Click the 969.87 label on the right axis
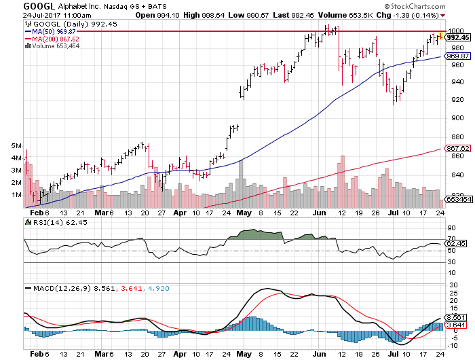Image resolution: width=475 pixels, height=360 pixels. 453,56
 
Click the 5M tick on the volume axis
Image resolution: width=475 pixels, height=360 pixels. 16,146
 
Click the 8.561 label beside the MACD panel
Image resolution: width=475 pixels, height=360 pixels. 454,317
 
